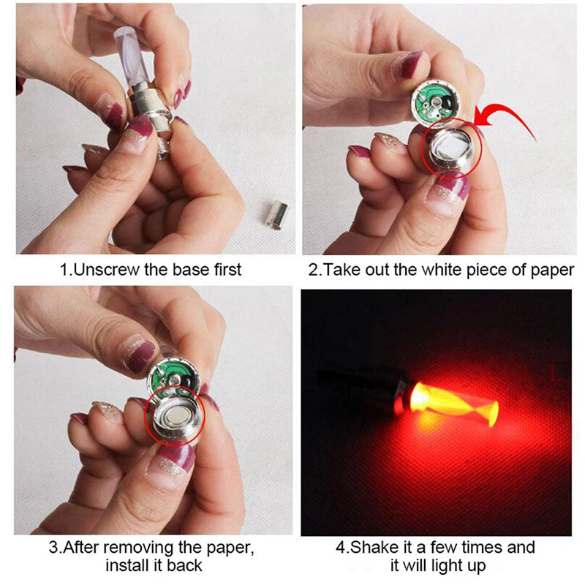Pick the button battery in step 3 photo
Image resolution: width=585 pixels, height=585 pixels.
[x=175, y=419]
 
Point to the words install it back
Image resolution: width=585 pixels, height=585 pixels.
[x=154, y=565]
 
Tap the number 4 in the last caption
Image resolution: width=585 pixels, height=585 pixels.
[x=339, y=547]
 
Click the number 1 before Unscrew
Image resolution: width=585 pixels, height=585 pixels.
[x=64, y=270]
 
